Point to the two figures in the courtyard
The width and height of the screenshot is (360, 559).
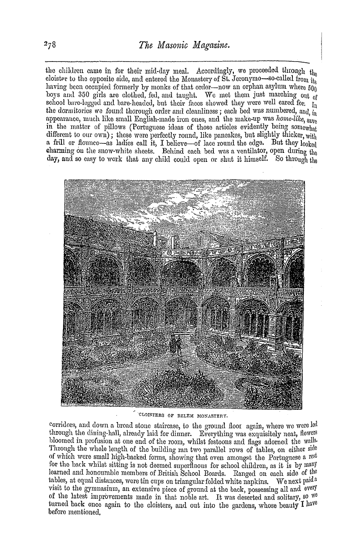176,345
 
